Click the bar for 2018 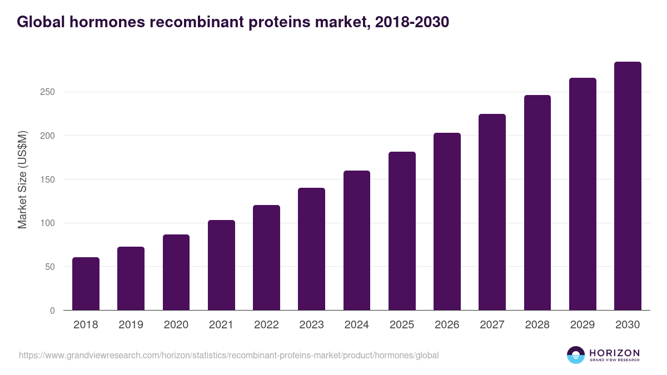(86, 284)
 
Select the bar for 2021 (221, 265)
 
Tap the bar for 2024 (357, 241)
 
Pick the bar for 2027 (492, 212)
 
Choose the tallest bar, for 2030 (628, 186)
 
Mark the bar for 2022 (266, 258)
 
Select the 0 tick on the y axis (52, 311)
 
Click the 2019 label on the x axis (131, 325)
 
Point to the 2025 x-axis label (402, 325)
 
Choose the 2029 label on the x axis (583, 325)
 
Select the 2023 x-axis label (311, 325)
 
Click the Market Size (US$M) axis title (22, 180)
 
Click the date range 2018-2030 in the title (412, 22)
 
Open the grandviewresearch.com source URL (228, 355)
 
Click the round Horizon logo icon (576, 355)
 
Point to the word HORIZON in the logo (614, 352)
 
